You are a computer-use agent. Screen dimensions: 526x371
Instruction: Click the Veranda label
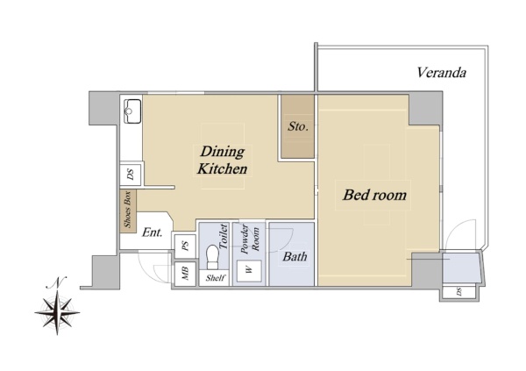tap(442, 73)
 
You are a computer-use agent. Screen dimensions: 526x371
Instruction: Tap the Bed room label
tap(374, 195)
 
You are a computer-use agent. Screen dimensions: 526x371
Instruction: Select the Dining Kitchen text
tap(222, 161)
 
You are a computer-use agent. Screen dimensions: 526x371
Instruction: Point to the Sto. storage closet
tap(297, 126)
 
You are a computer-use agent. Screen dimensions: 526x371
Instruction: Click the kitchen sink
tap(132, 111)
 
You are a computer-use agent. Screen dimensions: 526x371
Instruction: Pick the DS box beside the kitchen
tap(131, 175)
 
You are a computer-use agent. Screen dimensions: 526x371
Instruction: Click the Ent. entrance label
tap(152, 232)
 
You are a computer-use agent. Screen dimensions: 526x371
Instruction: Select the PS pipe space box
tap(185, 246)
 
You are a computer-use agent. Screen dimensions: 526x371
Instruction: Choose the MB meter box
tap(185, 274)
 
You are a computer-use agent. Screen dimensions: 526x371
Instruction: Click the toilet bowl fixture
tap(212, 257)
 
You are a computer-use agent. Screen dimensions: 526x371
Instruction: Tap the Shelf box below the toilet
tap(214, 278)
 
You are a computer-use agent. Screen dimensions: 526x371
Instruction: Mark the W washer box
tap(249, 270)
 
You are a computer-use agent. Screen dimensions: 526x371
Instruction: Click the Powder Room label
tap(250, 239)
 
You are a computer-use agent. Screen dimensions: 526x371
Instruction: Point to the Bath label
tap(295, 257)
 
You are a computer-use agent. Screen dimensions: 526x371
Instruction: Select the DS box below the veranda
tap(458, 292)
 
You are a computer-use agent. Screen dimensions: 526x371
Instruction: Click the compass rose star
tap(57, 312)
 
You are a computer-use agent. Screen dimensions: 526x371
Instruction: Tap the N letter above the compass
tap(57, 282)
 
